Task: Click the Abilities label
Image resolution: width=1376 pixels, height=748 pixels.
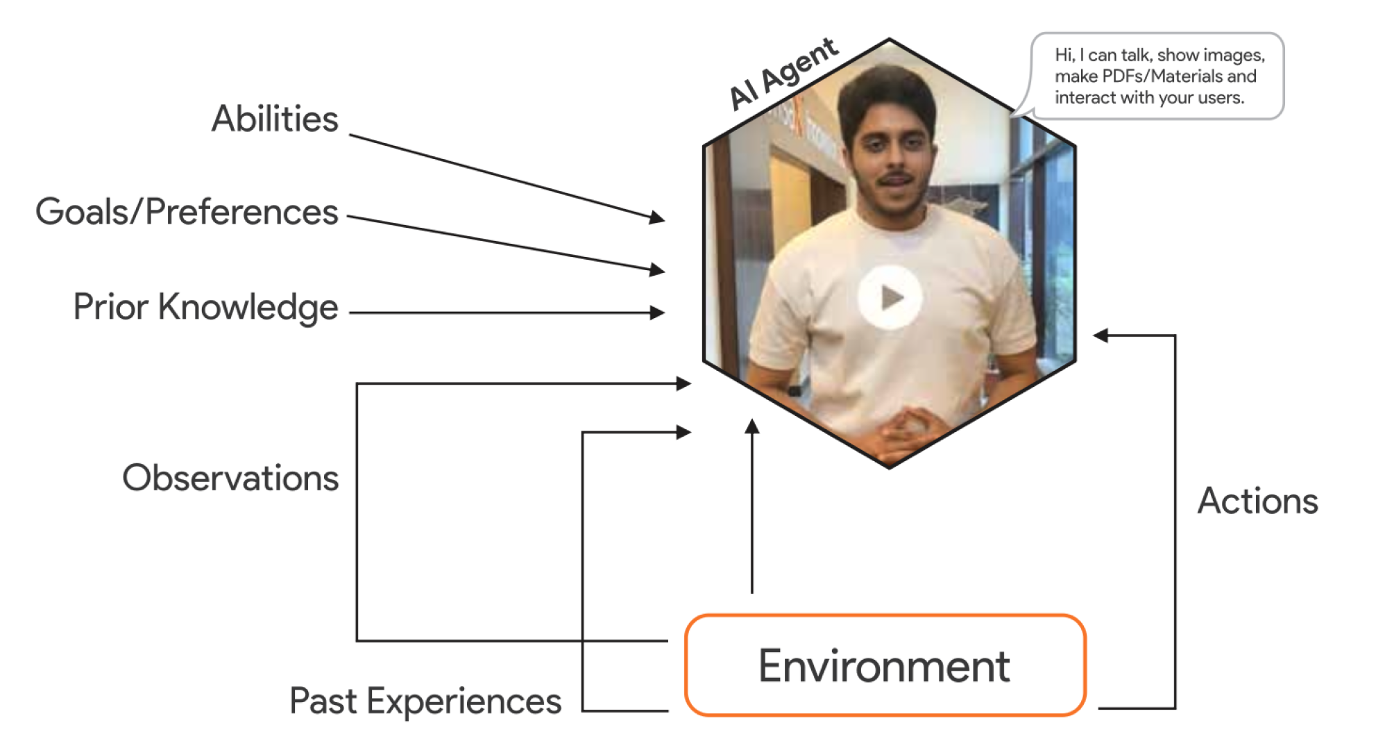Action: (275, 119)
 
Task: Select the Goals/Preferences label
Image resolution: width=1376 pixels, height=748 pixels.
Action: (187, 212)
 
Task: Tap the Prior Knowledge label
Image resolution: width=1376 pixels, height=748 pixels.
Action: (205, 307)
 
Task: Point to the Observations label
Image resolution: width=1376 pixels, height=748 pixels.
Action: (230, 479)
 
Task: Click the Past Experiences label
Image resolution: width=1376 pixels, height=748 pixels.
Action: (425, 701)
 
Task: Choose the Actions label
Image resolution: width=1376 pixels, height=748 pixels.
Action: (1257, 501)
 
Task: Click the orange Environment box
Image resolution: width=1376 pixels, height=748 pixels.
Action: (885, 665)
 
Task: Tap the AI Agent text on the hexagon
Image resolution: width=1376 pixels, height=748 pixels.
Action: (783, 74)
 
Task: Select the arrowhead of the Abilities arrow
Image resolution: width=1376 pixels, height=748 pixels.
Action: (657, 218)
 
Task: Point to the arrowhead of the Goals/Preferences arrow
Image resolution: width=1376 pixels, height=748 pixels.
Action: (657, 269)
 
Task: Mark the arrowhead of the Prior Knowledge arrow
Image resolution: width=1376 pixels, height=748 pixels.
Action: (657, 313)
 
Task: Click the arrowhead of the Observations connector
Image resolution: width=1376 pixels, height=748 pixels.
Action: (683, 383)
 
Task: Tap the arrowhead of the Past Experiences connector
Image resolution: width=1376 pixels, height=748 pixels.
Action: (683, 432)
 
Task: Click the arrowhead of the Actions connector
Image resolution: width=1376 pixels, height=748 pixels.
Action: (1101, 335)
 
